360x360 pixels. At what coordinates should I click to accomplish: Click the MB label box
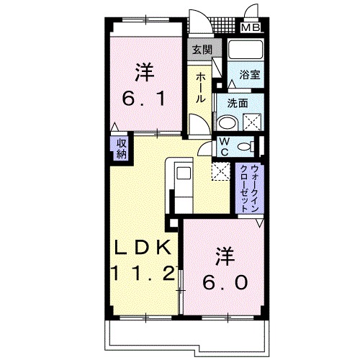251,28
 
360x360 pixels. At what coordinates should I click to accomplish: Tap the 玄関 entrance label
202,50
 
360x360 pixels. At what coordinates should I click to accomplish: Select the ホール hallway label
202,89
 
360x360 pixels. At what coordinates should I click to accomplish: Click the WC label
224,147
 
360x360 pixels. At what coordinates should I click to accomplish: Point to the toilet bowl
246,147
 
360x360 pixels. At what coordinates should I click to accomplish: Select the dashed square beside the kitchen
219,171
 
